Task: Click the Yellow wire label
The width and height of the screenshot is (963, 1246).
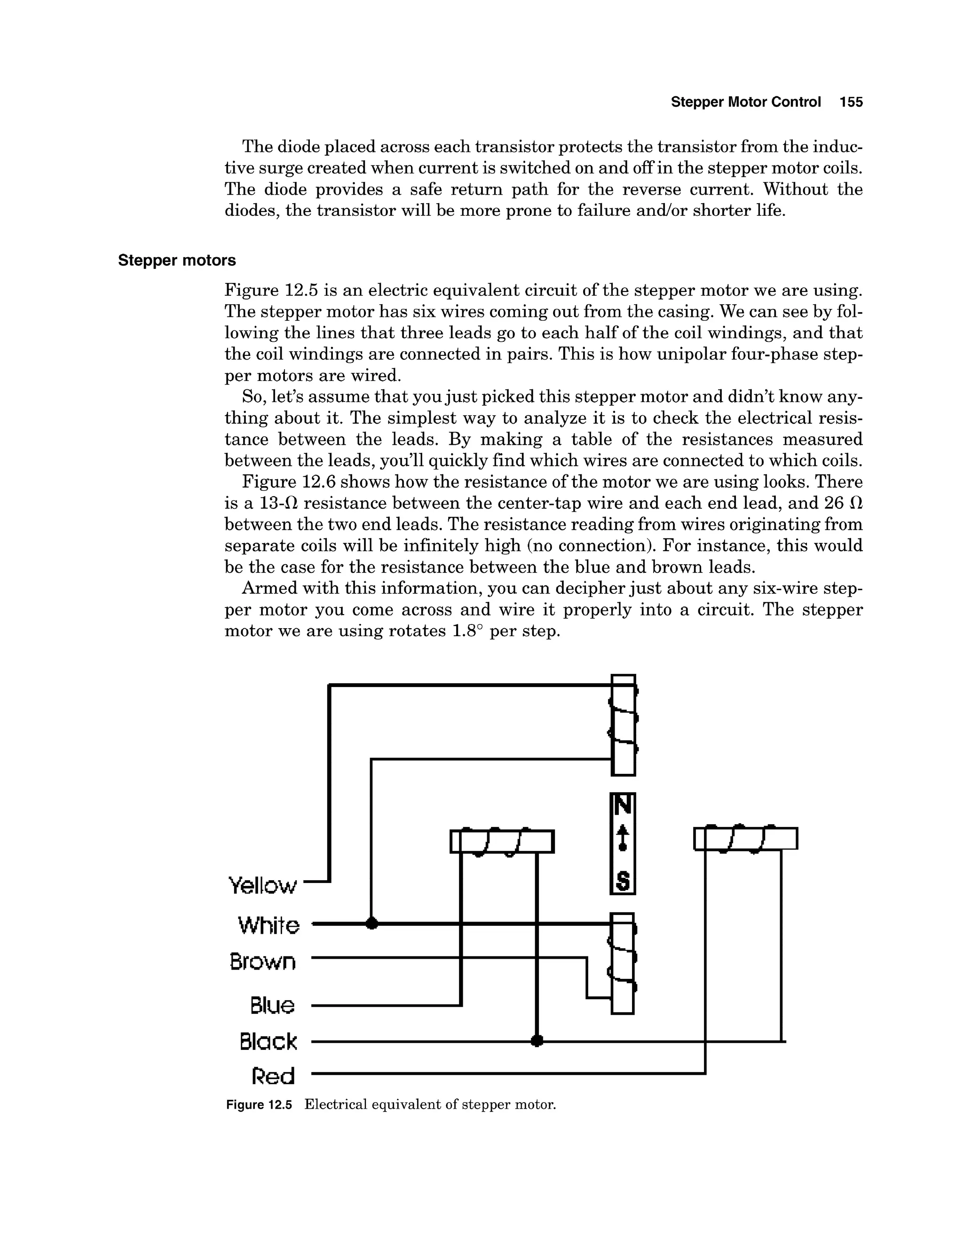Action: click(263, 885)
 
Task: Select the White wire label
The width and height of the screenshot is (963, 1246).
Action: click(268, 925)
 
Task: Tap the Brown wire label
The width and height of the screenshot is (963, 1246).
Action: click(263, 962)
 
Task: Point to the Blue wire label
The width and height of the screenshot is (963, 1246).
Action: click(272, 1005)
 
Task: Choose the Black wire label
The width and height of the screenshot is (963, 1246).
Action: click(268, 1042)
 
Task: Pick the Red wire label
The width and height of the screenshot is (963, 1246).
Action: click(273, 1077)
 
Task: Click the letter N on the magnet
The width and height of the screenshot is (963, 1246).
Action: click(623, 805)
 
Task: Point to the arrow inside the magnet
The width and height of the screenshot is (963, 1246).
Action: click(623, 837)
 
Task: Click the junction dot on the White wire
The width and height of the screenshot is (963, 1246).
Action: click(371, 923)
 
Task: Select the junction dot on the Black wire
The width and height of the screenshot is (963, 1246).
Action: click(536, 1041)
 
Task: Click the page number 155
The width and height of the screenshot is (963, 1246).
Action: click(851, 102)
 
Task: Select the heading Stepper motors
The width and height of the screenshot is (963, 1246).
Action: click(177, 261)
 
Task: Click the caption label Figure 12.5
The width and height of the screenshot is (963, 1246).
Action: click(259, 1104)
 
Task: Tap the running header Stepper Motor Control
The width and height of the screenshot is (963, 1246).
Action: click(746, 102)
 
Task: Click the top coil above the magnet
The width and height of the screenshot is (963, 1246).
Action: click(624, 725)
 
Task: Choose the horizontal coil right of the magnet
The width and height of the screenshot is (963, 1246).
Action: click(745, 839)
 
